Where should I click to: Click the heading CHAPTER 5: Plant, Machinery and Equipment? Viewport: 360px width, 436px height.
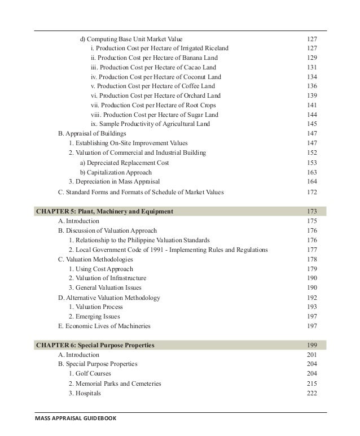104,211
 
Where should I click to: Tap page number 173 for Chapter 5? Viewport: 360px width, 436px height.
311,211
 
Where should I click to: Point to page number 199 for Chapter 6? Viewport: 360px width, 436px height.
311,344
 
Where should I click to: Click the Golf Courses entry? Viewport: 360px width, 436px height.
90,373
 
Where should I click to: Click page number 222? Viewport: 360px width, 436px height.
311,393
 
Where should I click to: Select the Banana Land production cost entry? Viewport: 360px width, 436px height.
153,58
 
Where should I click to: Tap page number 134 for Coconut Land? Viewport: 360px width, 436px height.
311,76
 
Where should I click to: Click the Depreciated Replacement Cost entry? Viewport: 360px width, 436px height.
124,163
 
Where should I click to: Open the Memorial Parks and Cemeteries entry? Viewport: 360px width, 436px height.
115,383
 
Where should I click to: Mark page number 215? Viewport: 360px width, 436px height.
311,383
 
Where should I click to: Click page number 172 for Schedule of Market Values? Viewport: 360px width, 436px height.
311,192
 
